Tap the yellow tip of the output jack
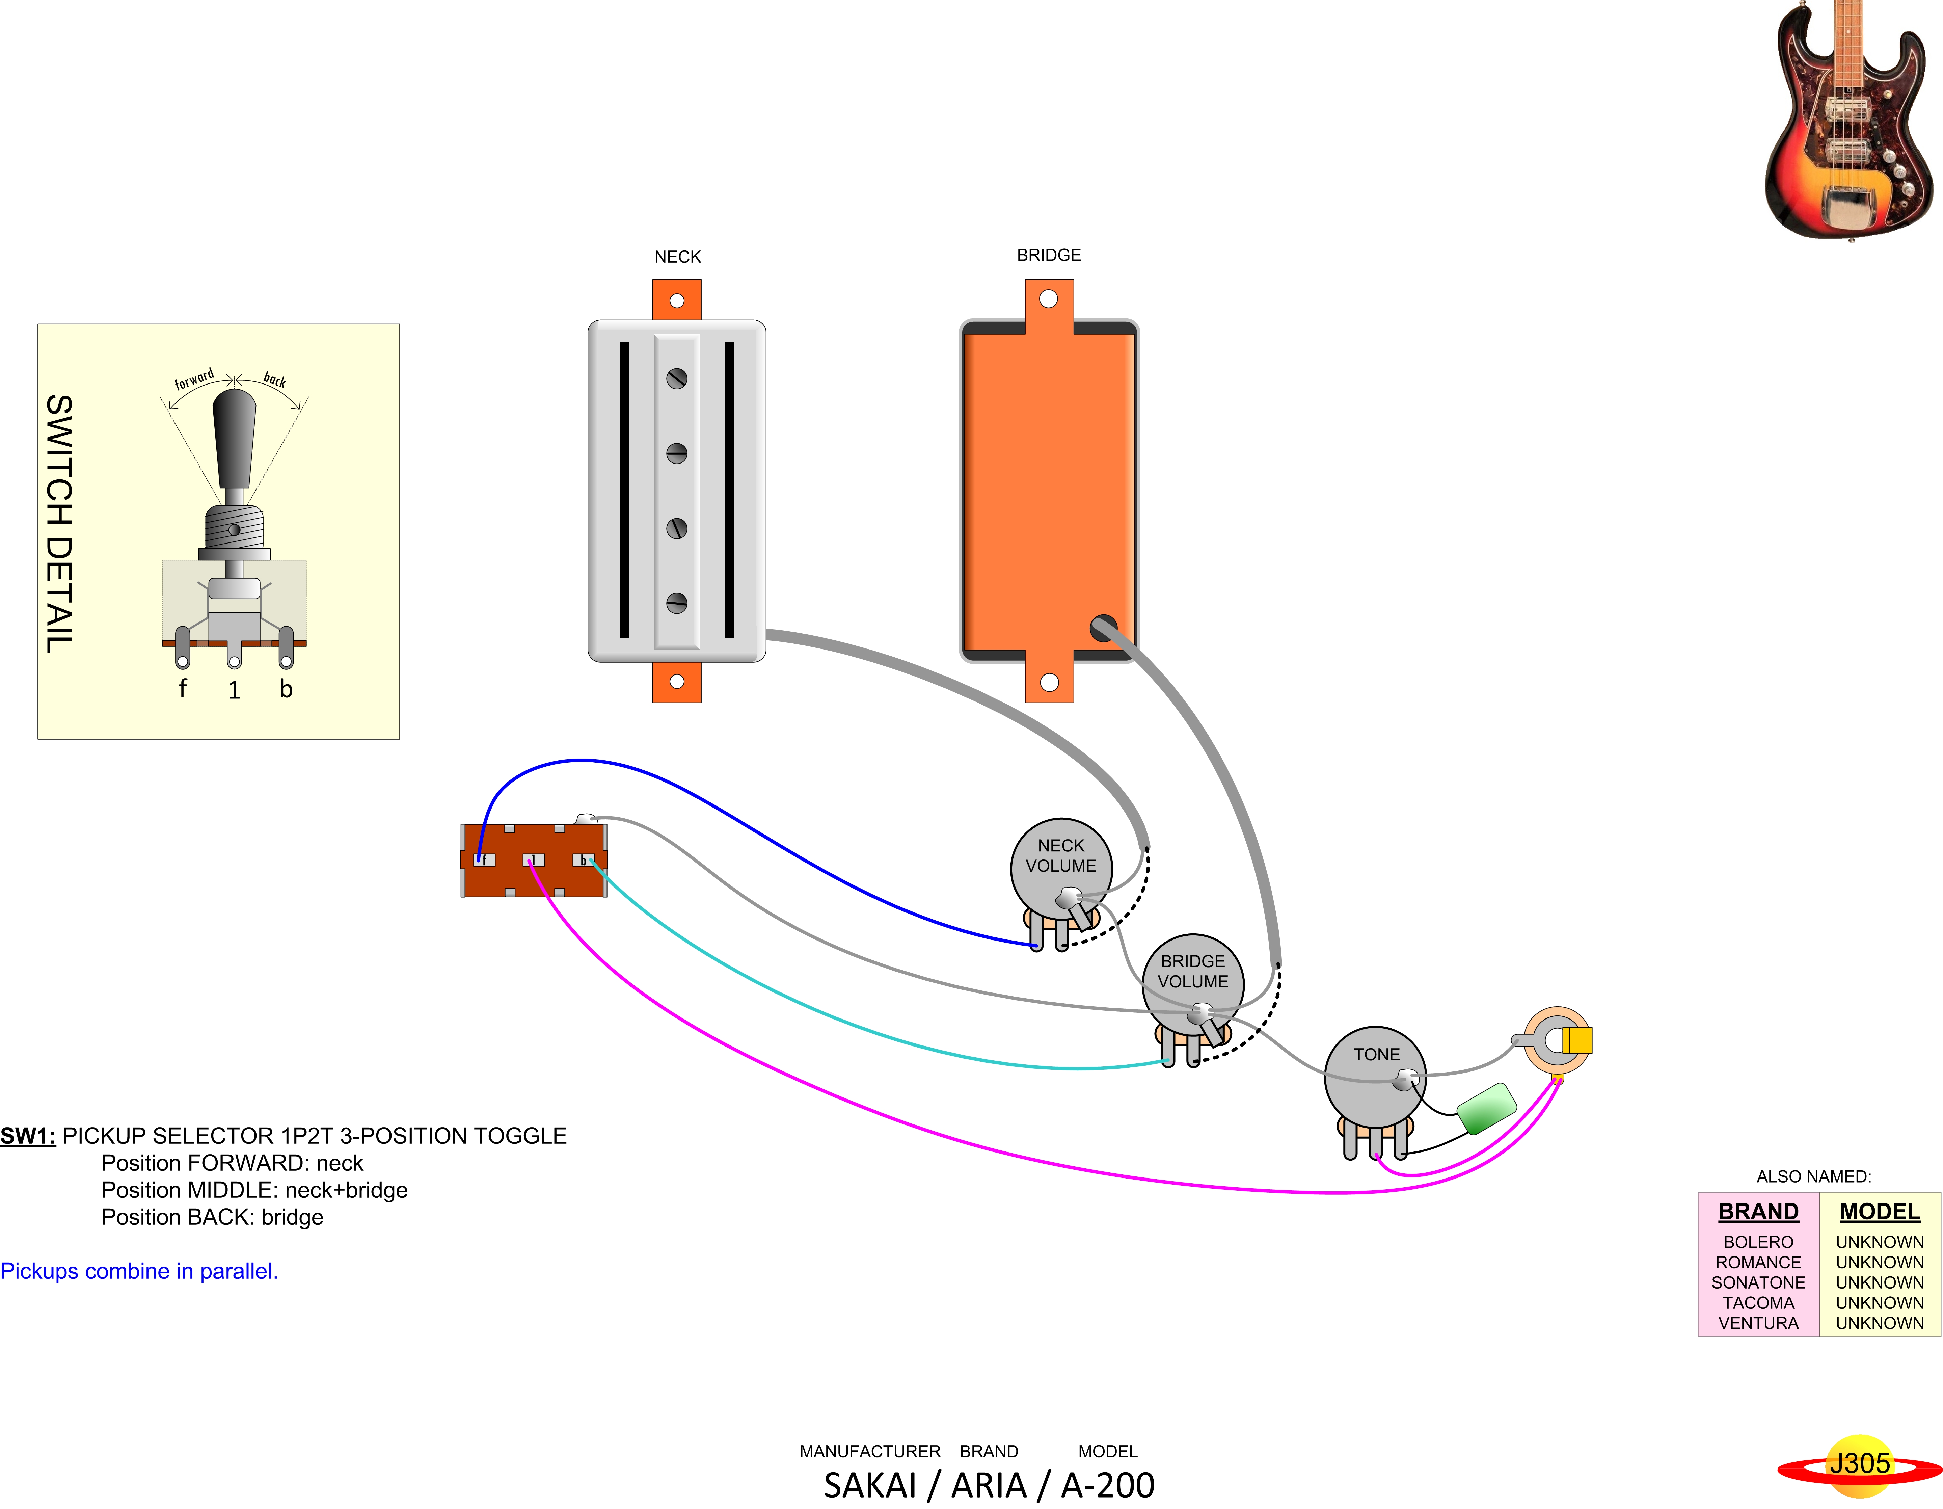[1577, 1040]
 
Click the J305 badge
[1859, 1464]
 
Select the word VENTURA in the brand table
[1758, 1323]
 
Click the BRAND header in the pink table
[1758, 1212]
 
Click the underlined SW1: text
[28, 1136]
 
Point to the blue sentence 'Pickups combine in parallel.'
[139, 1271]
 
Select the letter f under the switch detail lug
[182, 689]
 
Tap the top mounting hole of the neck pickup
[677, 301]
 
